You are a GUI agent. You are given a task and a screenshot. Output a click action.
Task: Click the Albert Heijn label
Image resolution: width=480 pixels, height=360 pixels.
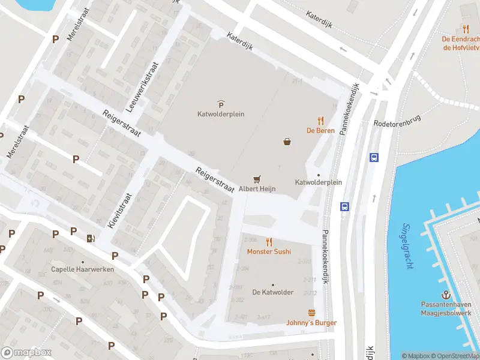point(257,188)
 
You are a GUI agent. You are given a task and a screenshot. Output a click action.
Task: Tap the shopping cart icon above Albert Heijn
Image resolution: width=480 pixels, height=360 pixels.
point(257,178)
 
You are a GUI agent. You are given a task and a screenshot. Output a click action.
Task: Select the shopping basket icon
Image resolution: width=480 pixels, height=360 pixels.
point(287,142)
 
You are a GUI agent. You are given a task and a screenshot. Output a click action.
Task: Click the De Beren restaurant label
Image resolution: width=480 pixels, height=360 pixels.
point(320,130)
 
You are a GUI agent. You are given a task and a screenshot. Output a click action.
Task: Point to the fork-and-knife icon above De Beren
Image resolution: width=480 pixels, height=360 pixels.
point(320,120)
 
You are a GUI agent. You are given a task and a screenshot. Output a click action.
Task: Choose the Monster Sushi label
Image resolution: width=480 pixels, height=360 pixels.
point(269,251)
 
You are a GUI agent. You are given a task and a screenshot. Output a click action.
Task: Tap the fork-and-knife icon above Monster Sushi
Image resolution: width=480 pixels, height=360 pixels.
point(269,242)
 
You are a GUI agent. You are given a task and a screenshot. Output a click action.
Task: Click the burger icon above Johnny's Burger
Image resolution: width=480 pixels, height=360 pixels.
point(311,313)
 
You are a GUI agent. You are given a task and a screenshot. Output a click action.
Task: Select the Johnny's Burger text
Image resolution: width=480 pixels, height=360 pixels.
point(311,323)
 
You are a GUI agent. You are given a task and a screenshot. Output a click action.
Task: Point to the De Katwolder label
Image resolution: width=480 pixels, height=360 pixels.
point(272,292)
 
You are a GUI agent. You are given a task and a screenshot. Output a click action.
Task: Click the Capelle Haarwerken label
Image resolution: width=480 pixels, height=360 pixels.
point(82,269)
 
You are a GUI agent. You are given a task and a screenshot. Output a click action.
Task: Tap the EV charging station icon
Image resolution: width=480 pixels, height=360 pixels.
point(91,238)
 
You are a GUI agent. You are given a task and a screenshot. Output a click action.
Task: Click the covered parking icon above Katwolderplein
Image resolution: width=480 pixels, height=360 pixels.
point(221,104)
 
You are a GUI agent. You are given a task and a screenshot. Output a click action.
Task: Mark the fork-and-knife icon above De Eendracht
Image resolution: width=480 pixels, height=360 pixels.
point(466,28)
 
